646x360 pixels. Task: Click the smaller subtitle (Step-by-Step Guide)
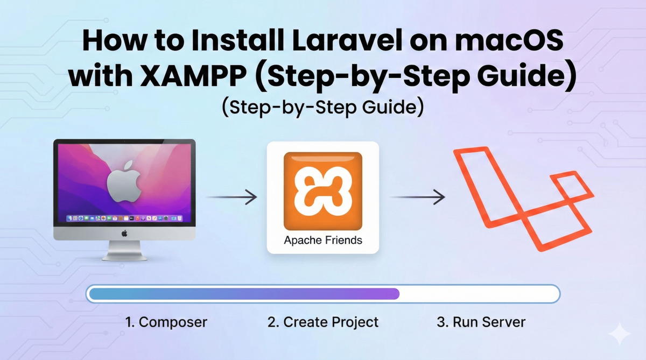pos(322,107)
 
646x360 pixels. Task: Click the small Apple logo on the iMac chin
pos(124,233)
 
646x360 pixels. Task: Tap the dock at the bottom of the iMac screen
pos(124,218)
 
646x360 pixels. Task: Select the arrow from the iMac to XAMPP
pos(231,197)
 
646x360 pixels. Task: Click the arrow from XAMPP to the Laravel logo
pos(417,197)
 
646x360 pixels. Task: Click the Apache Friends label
pos(322,240)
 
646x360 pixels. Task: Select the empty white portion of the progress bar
pos(479,294)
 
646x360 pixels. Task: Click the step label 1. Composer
pos(166,322)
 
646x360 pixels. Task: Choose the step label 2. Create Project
pos(322,322)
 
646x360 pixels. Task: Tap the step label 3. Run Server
pos(481,322)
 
